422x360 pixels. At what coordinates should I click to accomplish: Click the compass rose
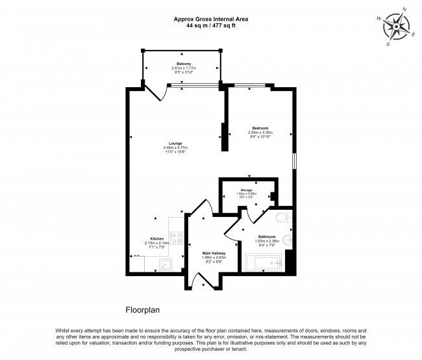click(395, 27)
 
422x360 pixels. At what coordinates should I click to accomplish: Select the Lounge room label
click(175, 143)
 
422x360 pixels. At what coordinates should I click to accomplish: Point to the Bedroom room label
click(260, 128)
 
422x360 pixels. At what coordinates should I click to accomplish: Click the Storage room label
click(246, 190)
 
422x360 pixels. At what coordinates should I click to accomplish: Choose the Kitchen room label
click(157, 238)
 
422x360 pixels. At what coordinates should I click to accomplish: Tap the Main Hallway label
click(214, 253)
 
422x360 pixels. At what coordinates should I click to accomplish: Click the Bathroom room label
click(267, 237)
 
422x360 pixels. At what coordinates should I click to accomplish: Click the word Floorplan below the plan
click(142, 311)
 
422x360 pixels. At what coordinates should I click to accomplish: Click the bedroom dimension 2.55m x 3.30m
click(260, 133)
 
